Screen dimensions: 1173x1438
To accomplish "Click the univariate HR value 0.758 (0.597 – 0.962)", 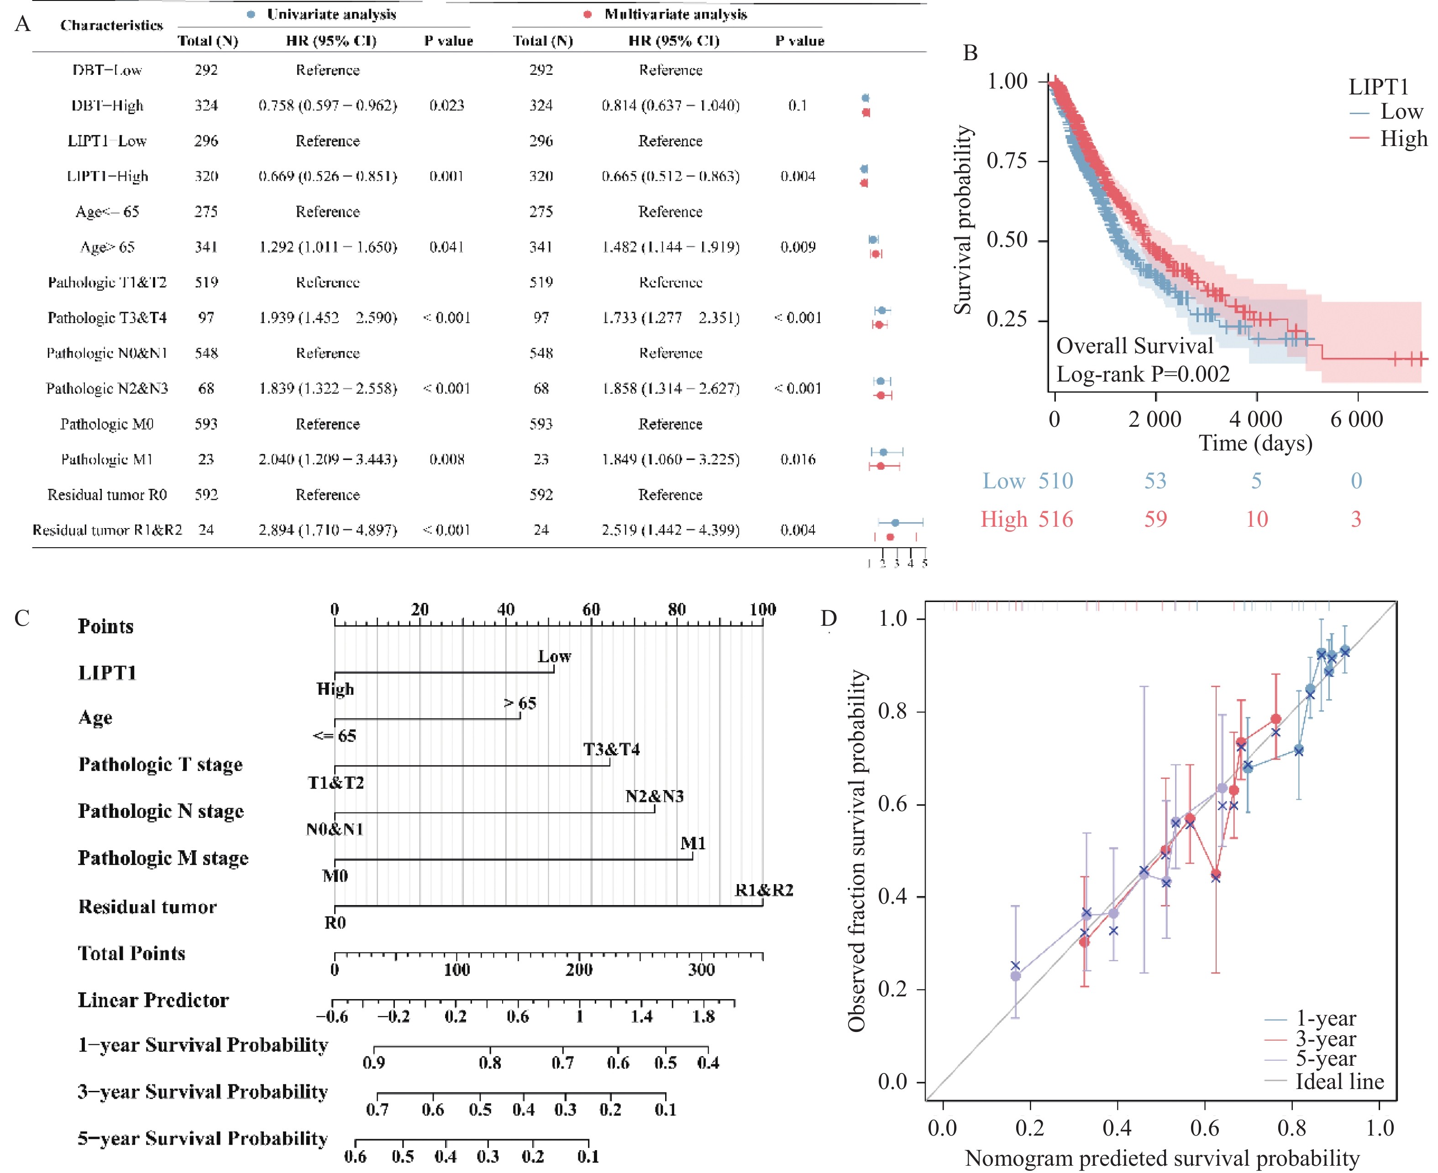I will pos(328,106).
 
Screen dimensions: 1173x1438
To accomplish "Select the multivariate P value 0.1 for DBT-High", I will pos(798,106).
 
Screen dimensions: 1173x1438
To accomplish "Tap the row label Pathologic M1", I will pos(107,460).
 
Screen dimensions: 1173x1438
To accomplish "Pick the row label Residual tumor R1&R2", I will pos(107,530).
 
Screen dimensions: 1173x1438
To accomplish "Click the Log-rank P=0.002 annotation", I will pos(1143,374).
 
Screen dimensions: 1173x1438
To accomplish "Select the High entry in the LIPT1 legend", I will pos(1403,138).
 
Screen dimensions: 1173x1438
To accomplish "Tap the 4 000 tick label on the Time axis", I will pos(1255,419).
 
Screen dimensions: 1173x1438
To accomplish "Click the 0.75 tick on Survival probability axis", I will pos(1007,161).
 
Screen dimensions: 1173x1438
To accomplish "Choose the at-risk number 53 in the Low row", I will pos(1155,481).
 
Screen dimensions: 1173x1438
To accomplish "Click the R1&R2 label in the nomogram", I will pos(764,890).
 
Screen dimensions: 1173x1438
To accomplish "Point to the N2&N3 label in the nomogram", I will pos(654,796).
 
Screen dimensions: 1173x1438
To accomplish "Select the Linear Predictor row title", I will pos(153,1000).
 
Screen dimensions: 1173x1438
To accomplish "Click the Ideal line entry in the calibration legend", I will pos(1338,1082).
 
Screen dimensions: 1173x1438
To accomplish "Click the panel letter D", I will pos(829,618).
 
